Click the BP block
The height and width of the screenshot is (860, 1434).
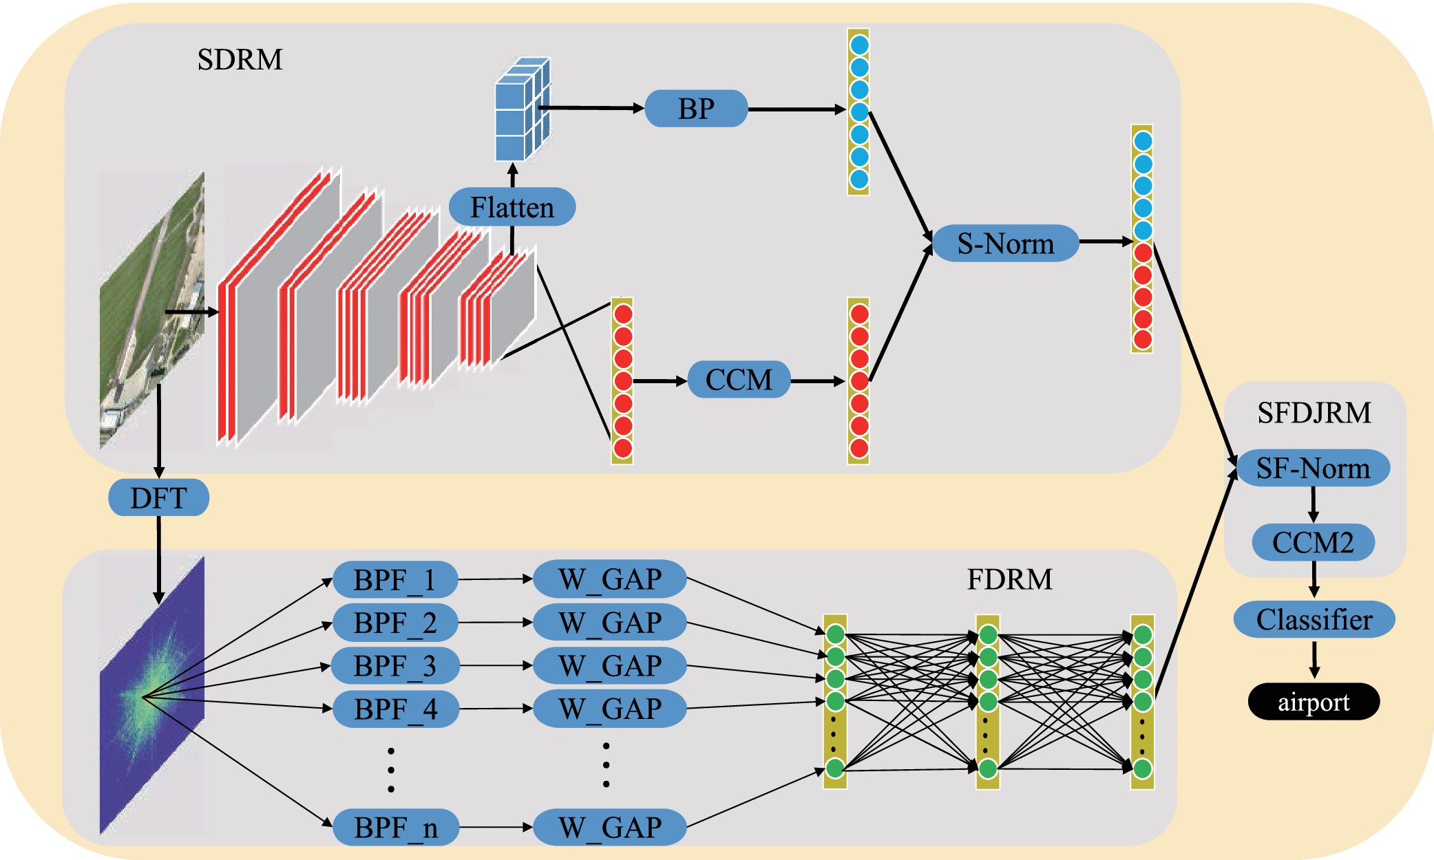[696, 109]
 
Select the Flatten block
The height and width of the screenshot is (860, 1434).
[512, 207]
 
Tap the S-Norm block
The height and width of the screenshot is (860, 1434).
[1006, 244]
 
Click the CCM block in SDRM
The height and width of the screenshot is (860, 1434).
[739, 380]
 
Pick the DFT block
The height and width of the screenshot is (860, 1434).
[158, 497]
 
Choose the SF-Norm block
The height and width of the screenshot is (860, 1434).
[1313, 469]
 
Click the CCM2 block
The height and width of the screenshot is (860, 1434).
[1313, 543]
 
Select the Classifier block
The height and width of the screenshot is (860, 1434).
[1314, 619]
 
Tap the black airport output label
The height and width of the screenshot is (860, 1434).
[1314, 702]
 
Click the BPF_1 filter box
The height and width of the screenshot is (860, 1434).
[394, 580]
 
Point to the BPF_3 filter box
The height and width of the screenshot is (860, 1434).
[394, 666]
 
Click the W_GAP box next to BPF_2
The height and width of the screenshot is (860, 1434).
[610, 623]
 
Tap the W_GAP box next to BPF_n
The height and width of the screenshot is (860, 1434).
[610, 828]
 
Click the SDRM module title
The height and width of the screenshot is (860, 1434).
[240, 60]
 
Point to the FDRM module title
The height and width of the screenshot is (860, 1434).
[1009, 579]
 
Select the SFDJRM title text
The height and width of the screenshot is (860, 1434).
[1314, 413]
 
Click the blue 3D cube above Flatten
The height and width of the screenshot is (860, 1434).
[523, 110]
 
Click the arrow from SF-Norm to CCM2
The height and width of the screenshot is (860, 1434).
[1314, 505]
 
